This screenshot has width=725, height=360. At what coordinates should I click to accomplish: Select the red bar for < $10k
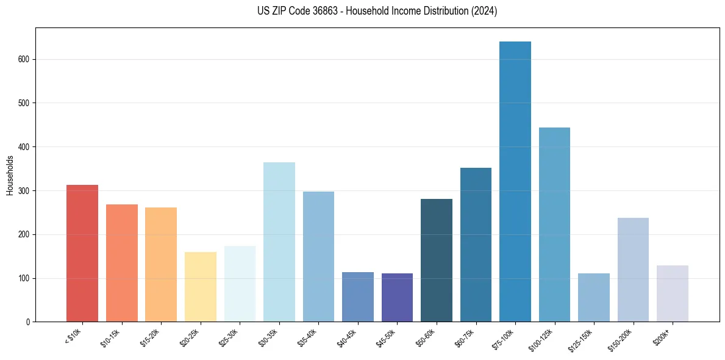coord(82,253)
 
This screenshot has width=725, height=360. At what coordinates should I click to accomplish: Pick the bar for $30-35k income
coord(279,242)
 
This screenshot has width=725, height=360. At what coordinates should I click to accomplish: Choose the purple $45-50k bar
coord(397,297)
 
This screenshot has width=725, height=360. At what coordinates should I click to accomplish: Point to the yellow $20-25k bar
coord(201,287)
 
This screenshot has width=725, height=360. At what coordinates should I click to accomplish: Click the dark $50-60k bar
coord(437,260)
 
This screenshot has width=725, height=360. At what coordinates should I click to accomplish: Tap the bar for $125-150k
coord(594,297)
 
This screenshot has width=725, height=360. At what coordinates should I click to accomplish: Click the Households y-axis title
coord(10,175)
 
